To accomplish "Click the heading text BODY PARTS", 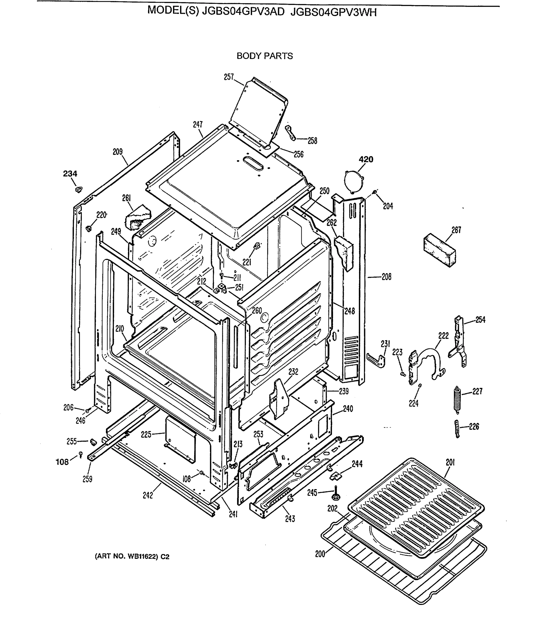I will point(265,56).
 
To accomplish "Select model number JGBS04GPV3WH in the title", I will point(333,12).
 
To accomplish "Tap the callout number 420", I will point(366,159).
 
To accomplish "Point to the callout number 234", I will point(70,174).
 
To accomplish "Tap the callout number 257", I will point(229,77).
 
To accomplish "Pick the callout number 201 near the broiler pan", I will point(450,463).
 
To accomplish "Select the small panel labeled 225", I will point(180,440).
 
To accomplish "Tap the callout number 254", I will point(480,320).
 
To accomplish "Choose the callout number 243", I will point(290,519).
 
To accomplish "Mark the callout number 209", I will point(118,152).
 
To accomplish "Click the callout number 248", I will point(350,311).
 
